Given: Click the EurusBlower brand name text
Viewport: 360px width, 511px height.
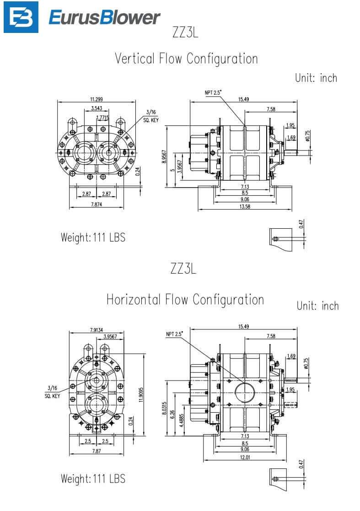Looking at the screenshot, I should click(104, 18).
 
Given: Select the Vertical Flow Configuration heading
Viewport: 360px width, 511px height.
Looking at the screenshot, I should click(186, 59).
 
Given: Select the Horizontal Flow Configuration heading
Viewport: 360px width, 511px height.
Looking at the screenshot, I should click(185, 300).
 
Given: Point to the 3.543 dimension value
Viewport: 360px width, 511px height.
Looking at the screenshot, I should click(96, 108).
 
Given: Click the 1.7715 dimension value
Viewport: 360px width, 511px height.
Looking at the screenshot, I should click(103, 118).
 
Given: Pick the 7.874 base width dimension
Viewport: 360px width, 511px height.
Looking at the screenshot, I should click(96, 204).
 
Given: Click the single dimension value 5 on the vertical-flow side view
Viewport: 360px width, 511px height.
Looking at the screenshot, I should click(172, 171).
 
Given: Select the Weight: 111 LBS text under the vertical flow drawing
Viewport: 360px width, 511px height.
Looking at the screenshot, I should click(93, 238).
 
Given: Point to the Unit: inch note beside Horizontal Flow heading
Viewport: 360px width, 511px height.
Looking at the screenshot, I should click(317, 306).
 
